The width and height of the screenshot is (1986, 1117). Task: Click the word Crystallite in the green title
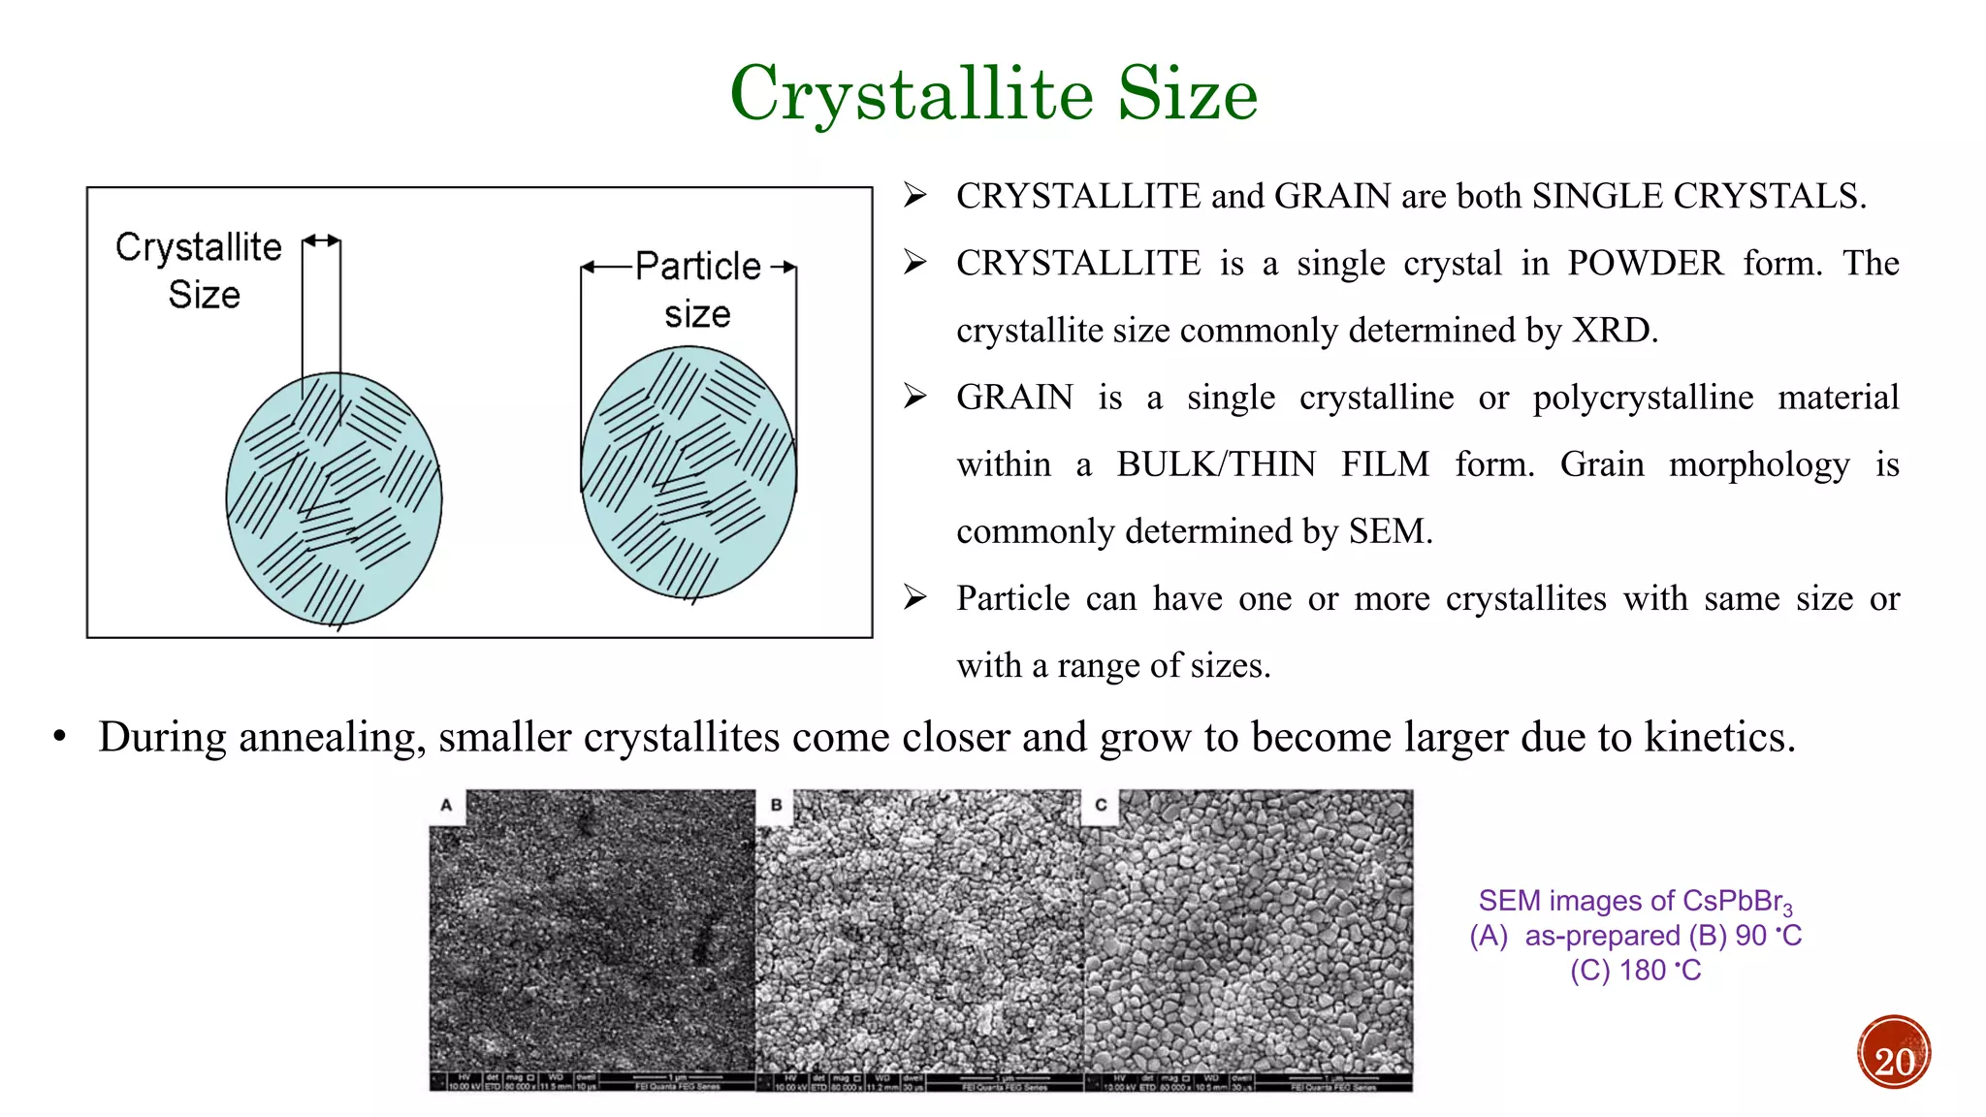[x=912, y=94]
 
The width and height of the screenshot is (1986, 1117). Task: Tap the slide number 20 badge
[x=1894, y=1054]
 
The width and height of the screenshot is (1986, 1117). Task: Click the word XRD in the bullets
[x=1614, y=331]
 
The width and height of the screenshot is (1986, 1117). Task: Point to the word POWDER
[x=1646, y=264]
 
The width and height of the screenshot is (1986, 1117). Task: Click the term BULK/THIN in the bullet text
[x=1216, y=464]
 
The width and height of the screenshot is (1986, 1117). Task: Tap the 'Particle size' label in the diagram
[x=697, y=290]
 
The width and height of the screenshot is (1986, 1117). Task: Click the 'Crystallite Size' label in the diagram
[x=200, y=271]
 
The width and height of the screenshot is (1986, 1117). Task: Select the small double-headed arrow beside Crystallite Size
[x=322, y=240]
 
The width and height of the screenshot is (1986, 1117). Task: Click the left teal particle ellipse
[x=334, y=499]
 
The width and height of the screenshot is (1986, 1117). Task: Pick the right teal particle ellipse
[x=689, y=472]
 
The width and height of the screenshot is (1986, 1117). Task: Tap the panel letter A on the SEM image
[x=446, y=805]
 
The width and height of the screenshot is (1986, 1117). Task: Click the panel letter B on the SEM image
[x=776, y=805]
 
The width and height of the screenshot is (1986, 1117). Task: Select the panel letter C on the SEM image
[x=1101, y=805]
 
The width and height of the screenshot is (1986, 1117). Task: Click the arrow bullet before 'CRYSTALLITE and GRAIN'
[x=914, y=196]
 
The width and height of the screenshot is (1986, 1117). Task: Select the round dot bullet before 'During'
[x=60, y=738]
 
